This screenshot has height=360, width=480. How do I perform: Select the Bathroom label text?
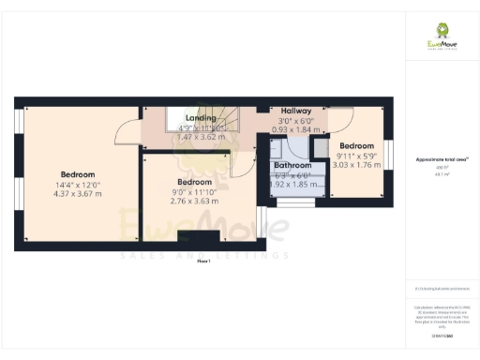291,165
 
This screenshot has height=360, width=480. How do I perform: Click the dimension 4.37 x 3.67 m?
78,194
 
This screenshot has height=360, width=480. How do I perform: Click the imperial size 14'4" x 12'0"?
78,185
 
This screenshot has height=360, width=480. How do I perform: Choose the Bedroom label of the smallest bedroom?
356,146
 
